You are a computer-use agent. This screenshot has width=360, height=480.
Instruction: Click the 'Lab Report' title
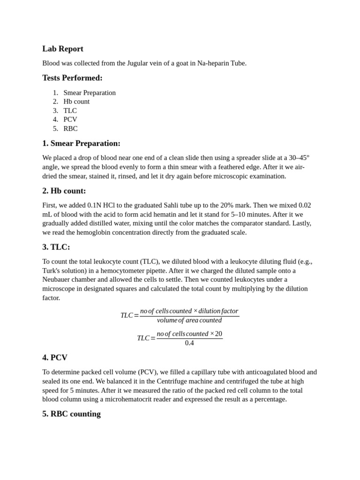pos(63,49)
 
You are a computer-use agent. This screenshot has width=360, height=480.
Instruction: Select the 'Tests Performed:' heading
pos(72,78)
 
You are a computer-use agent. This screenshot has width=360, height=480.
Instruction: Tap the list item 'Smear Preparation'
pos(90,93)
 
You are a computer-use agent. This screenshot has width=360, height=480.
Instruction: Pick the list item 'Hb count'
pos(76,102)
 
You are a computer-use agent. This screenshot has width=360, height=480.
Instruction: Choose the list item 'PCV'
pos(70,120)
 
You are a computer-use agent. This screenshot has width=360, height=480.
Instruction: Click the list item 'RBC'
pos(70,128)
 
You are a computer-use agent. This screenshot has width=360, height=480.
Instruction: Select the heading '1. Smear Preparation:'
pos(81,143)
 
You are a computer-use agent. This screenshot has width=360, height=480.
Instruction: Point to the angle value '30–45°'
pos(299,158)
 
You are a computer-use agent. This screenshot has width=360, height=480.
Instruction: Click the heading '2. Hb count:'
pos(64,191)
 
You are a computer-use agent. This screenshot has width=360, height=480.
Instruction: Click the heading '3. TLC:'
pos(56,247)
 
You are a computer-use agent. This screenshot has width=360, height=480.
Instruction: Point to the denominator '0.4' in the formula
pos(189,343)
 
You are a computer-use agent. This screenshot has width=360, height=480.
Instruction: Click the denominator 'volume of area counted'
pos(189,321)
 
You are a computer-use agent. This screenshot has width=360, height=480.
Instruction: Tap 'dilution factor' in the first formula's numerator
pos(218,311)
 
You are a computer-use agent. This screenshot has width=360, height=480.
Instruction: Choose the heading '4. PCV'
pos(55,358)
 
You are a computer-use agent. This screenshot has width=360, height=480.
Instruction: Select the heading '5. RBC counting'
pos(71,414)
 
